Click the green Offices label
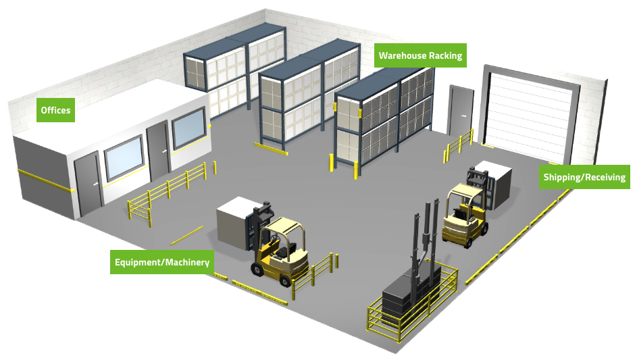point(55,110)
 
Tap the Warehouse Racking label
point(420,55)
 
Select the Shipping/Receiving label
point(584,177)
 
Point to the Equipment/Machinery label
point(162,262)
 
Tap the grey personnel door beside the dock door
point(461,111)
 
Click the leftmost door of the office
point(88,184)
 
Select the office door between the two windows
point(159,151)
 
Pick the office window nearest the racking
point(189,128)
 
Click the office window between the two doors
point(124,159)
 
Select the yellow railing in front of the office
point(168,192)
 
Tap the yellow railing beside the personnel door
point(459,145)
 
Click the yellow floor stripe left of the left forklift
point(186,236)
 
